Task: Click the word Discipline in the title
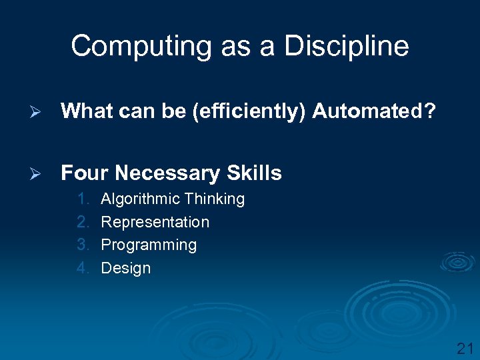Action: click(x=346, y=47)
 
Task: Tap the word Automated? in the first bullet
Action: click(x=374, y=111)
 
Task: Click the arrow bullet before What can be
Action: click(x=38, y=111)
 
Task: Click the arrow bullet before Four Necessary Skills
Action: click(x=38, y=173)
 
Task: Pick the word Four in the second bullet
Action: click(x=84, y=173)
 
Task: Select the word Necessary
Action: click(x=167, y=173)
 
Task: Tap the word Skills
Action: click(x=254, y=173)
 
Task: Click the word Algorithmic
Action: click(x=140, y=199)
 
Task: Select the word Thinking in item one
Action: click(x=215, y=199)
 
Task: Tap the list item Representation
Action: click(x=155, y=222)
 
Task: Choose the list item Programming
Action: click(x=149, y=245)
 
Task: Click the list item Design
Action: click(x=125, y=268)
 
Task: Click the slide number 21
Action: click(x=464, y=347)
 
